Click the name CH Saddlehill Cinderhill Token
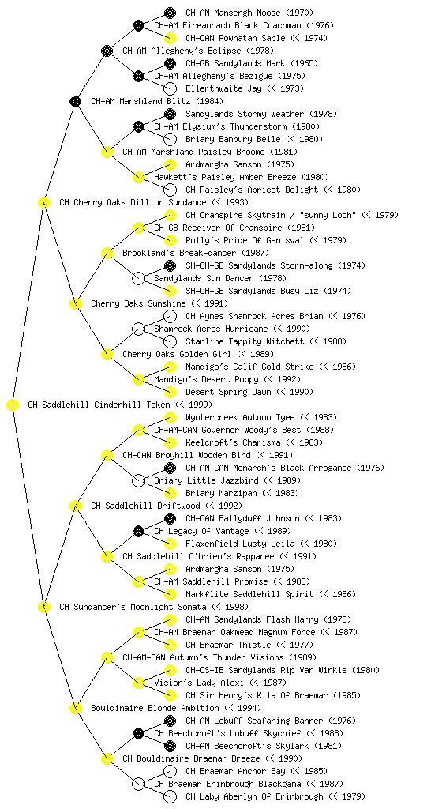click(99, 405)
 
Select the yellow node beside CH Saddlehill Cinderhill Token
click(13, 405)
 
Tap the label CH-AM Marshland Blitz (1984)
click(157, 102)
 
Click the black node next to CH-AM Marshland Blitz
click(75, 101)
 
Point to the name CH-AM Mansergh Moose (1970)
click(249, 13)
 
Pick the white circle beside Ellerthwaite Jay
click(170, 88)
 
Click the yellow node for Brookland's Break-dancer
click(107, 254)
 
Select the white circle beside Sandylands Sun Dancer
click(138, 279)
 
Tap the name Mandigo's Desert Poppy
click(206, 380)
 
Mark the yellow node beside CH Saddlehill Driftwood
click(75, 506)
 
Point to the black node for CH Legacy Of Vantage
click(138, 532)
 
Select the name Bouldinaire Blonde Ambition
click(155, 709)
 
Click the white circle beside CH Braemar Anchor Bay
click(170, 772)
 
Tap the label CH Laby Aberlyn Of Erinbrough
click(254, 796)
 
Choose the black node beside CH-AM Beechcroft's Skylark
click(170, 746)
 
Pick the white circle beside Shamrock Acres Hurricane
click(138, 329)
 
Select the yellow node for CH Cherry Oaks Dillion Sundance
click(43, 203)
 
